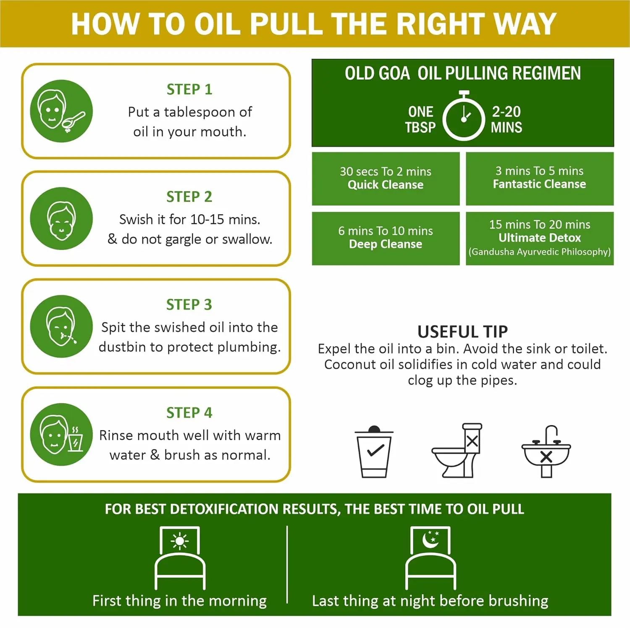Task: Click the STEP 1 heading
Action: coord(189,89)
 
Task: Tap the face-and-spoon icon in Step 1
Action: coord(61,111)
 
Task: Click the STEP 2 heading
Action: coord(189,197)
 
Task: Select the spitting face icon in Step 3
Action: coord(61,326)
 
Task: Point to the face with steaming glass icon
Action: coord(61,434)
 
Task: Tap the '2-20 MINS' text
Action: coord(506,119)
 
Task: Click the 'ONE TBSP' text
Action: coord(420,119)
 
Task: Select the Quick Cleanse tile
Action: coord(386,178)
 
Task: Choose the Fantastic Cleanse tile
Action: coord(540,178)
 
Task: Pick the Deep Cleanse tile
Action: coord(386,238)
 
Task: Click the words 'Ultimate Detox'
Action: coord(540,238)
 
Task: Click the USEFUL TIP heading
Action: coord(462,332)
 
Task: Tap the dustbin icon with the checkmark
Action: coord(374,451)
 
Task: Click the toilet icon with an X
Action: coord(458,451)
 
